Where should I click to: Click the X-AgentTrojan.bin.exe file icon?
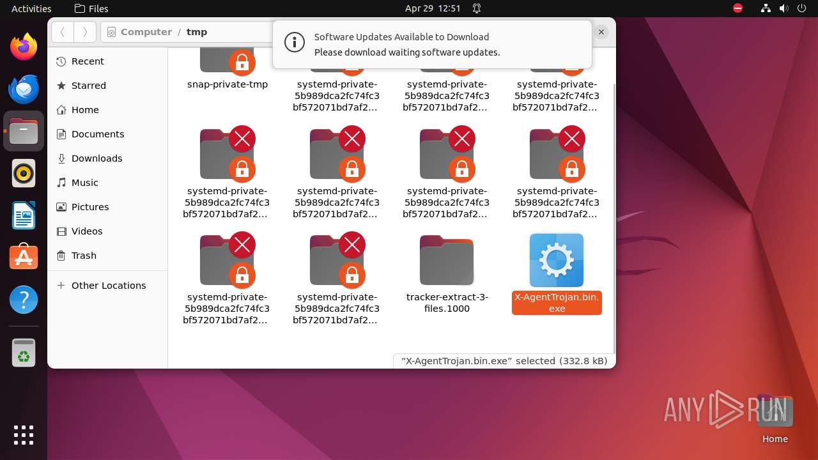point(556,260)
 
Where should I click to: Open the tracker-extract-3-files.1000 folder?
point(447,260)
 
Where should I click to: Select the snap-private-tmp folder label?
point(228,84)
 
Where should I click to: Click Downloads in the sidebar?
point(96,158)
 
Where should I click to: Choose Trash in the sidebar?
point(84,256)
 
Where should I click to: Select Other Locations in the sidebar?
point(108,286)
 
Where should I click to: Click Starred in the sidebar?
point(88,86)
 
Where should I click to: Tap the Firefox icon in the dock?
point(24,47)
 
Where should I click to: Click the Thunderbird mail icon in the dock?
point(24,89)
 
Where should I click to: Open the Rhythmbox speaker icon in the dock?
point(24,173)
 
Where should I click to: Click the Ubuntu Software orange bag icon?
point(24,257)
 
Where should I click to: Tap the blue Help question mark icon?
point(24,300)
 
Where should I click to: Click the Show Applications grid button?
point(24,435)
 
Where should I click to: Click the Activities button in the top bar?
point(31,8)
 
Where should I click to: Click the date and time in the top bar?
point(433,8)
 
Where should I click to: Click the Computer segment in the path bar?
point(146,32)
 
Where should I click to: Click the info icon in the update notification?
point(294,43)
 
